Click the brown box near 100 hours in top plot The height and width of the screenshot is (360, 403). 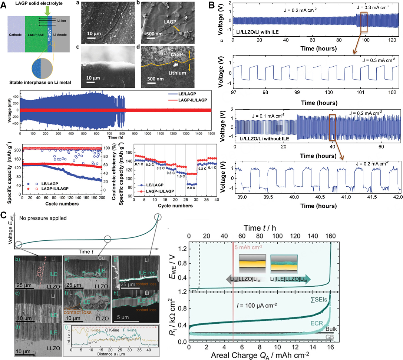click(x=364, y=22)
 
